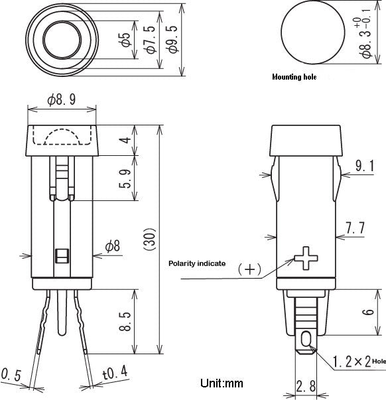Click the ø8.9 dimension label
click(x=62, y=100)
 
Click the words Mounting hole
click(x=294, y=77)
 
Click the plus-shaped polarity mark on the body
click(x=306, y=258)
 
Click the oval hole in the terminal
click(x=306, y=340)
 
